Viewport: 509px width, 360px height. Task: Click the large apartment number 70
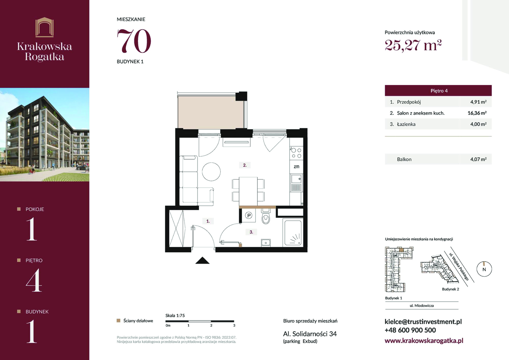[x=134, y=41]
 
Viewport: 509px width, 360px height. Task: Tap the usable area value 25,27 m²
[x=413, y=45]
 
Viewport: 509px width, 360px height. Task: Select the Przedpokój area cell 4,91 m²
[x=478, y=102]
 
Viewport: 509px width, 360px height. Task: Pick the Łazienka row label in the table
[x=406, y=124]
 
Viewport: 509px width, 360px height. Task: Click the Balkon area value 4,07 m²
[x=478, y=159]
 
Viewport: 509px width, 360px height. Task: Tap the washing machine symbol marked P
[x=249, y=215]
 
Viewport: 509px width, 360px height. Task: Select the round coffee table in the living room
[x=211, y=172]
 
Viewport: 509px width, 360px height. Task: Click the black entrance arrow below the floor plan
[x=202, y=260]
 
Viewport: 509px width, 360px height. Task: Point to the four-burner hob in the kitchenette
[x=296, y=153]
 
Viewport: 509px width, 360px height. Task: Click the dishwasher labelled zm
[x=296, y=167]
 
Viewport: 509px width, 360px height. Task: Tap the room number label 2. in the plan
[x=245, y=165]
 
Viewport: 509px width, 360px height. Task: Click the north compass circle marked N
[x=484, y=269]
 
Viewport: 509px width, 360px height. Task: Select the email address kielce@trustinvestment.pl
[x=423, y=322]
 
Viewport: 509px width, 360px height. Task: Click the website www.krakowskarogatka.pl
[x=424, y=341]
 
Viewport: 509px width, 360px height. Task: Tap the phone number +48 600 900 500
[x=410, y=330]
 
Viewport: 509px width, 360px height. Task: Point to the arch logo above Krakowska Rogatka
[x=45, y=27]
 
